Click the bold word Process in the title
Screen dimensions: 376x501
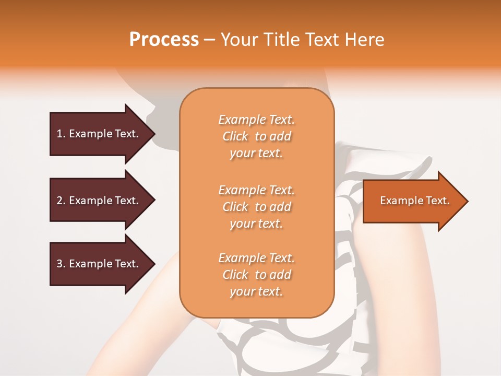[x=164, y=40]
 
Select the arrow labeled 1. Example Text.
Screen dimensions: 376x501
[x=99, y=134]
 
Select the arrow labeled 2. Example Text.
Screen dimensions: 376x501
[x=99, y=201]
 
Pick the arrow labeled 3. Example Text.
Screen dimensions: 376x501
[x=99, y=264]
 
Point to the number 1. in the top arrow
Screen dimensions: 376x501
[x=61, y=134]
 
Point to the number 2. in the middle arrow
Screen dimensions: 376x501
[x=61, y=201]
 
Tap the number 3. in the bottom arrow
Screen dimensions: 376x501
[x=61, y=264]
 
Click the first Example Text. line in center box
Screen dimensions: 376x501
[x=256, y=120]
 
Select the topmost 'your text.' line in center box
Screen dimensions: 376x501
[x=256, y=154]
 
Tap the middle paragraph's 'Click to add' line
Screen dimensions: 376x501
[x=256, y=207]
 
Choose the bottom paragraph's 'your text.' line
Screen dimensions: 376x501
[x=256, y=292]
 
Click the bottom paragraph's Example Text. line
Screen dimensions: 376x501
[x=256, y=258]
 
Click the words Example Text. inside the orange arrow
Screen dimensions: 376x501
[x=414, y=201]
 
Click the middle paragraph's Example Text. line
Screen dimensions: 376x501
[x=256, y=190]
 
